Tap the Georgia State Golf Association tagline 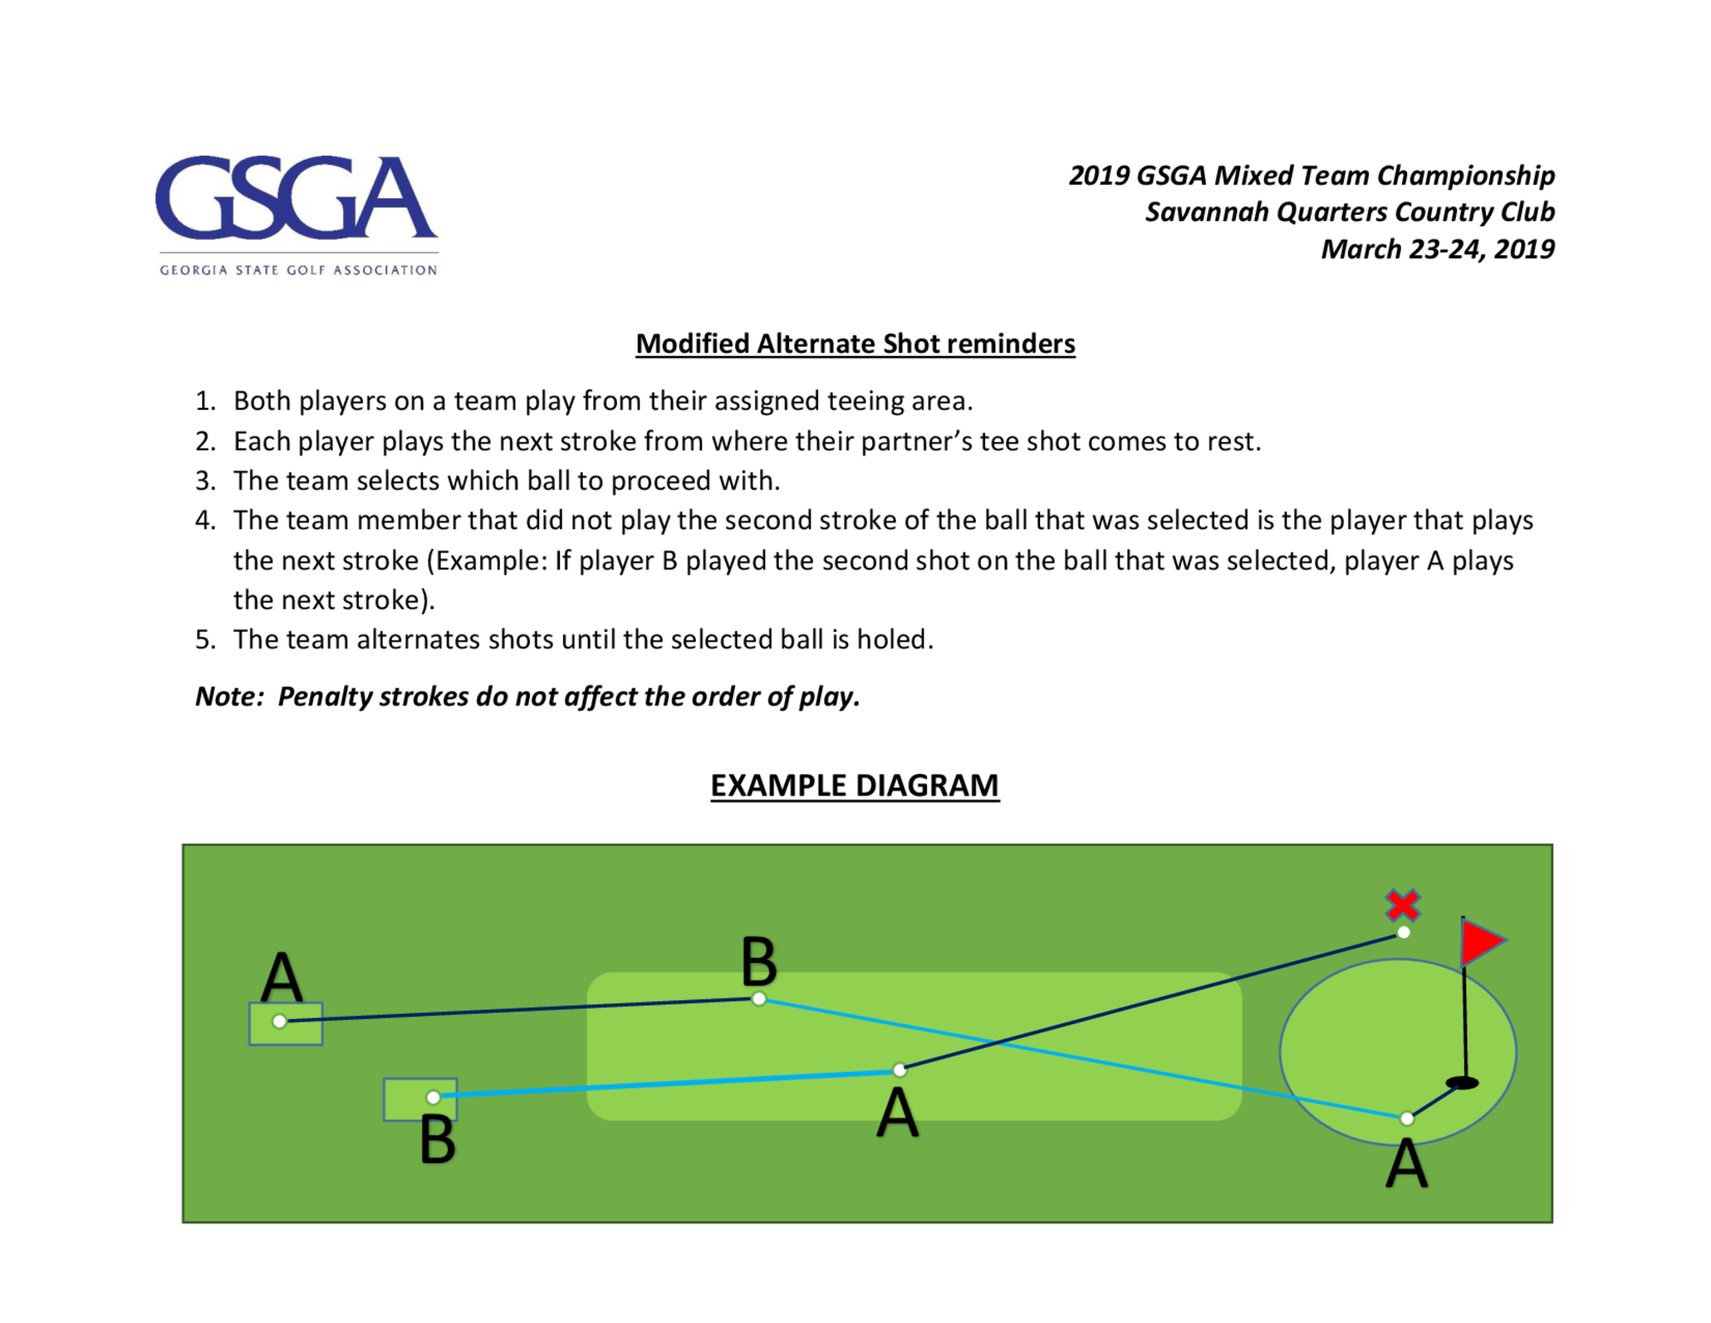298,270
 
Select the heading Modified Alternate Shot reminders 855,343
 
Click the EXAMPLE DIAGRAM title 855,785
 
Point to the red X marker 1403,905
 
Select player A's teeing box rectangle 286,1023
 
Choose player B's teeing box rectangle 420,1100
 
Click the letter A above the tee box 282,977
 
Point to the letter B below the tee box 437,1140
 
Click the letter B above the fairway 759,962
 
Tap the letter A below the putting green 1406,1165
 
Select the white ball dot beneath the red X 1404,933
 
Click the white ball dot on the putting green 1407,1118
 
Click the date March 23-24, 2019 1438,249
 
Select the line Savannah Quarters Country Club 1350,212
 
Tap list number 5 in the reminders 205,640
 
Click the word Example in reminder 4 488,561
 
